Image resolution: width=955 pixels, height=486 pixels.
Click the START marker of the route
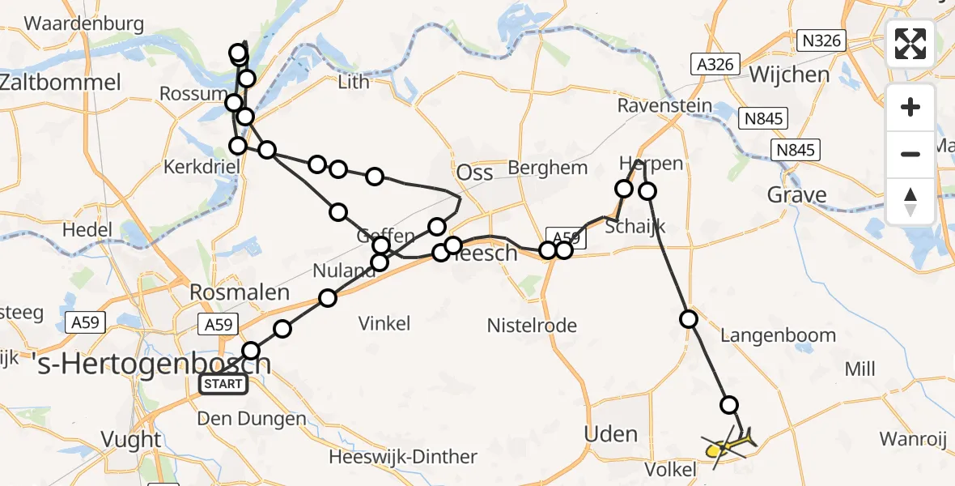click(223, 383)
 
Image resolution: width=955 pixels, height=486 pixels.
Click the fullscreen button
click(910, 44)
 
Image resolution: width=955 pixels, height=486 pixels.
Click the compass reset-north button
click(910, 201)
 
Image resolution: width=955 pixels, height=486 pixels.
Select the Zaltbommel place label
click(61, 82)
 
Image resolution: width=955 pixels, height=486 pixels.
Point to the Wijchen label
click(790, 75)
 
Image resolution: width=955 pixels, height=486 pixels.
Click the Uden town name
click(611, 435)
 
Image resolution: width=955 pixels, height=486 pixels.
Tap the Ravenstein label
click(664, 106)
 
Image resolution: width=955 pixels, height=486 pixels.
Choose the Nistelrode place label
click(532, 326)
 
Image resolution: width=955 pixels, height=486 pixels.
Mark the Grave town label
click(797, 194)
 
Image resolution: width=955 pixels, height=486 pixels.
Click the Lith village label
click(353, 81)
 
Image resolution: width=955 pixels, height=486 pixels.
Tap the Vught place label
click(130, 440)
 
